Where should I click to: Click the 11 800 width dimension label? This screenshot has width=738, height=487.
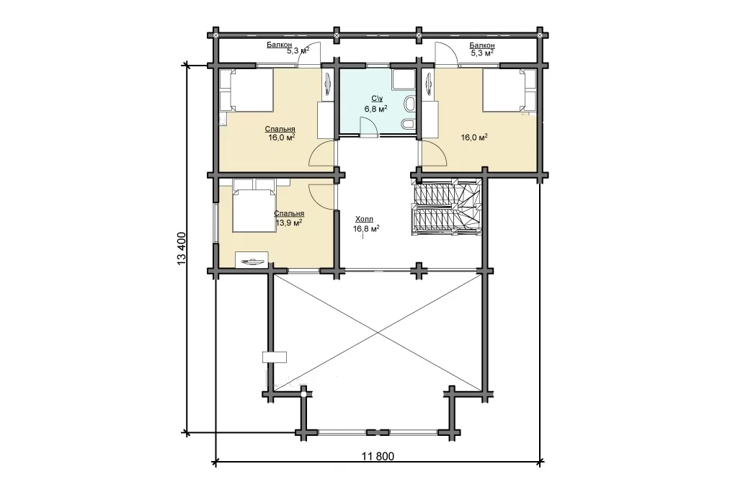(x=378, y=456)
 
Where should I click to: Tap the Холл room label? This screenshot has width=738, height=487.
(x=364, y=219)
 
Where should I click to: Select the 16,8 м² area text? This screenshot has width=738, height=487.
(x=366, y=228)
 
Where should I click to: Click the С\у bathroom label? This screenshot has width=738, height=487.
(x=377, y=99)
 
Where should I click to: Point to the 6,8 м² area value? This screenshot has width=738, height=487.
(x=375, y=109)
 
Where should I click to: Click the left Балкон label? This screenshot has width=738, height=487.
(x=279, y=45)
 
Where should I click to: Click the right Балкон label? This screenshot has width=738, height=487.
(x=482, y=45)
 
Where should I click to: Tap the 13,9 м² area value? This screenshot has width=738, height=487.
(x=288, y=223)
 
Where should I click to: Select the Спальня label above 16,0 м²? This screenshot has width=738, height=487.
(x=280, y=129)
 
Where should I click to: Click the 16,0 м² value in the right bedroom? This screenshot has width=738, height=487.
(x=474, y=138)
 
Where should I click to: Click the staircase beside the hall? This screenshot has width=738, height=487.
(x=446, y=207)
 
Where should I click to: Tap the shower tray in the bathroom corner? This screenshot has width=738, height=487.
(x=404, y=79)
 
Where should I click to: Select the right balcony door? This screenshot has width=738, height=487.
(x=445, y=53)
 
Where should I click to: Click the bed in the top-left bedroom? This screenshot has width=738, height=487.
(x=246, y=90)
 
